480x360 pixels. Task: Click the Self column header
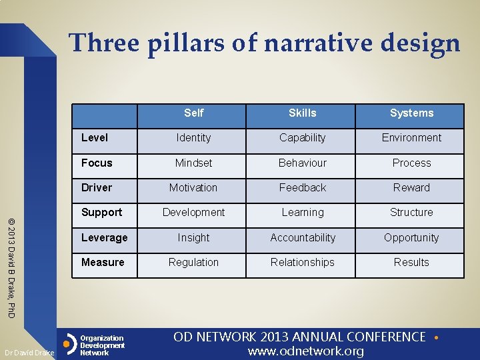tap(193, 113)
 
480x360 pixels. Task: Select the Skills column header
tap(302, 113)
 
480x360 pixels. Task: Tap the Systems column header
tap(411, 113)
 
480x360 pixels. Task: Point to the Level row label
tap(94, 138)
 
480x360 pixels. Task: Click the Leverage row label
tap(104, 238)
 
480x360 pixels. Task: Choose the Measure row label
tap(103, 263)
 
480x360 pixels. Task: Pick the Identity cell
tap(193, 138)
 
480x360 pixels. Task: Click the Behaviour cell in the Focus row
tap(303, 163)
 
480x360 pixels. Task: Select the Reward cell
tap(411, 188)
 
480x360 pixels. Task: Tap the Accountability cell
tap(303, 238)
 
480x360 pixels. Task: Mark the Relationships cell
tap(303, 263)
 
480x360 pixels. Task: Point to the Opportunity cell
tap(411, 238)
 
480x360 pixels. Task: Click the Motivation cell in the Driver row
tap(193, 188)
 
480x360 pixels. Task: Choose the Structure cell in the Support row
tap(411, 213)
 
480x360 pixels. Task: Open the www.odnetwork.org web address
tap(306, 351)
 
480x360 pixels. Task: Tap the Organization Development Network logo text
tap(102, 345)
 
